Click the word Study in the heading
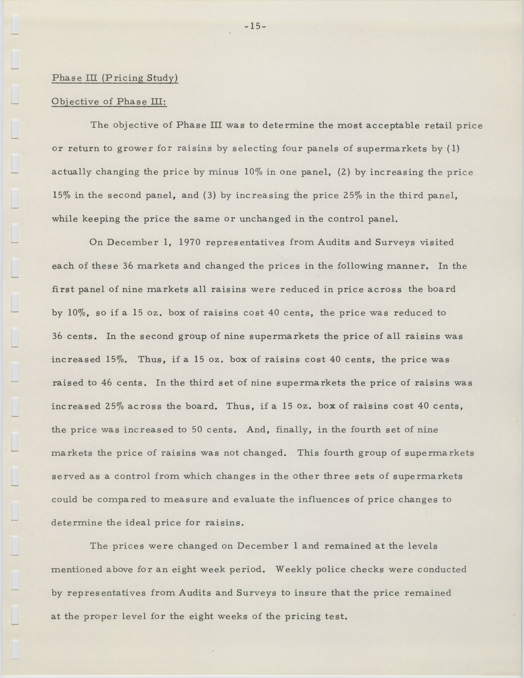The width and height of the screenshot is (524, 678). (x=163, y=78)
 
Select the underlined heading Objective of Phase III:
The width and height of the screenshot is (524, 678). (x=109, y=102)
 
